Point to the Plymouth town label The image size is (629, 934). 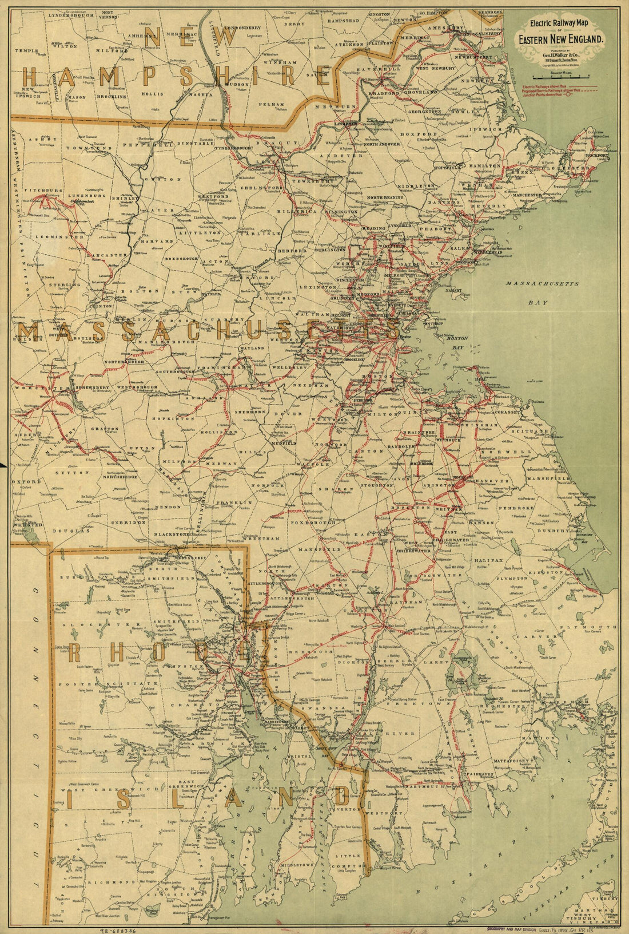[x=598, y=627]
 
